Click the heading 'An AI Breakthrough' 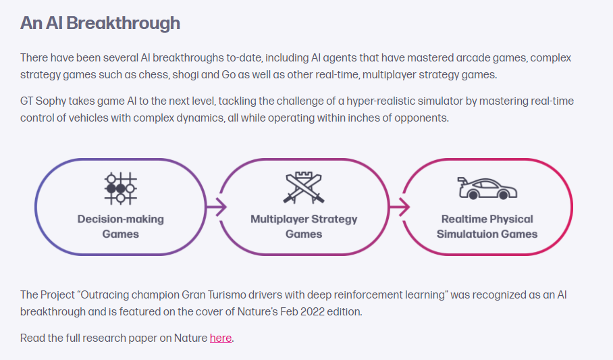pos(100,23)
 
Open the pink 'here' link pos(221,338)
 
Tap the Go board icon pos(120,188)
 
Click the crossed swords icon pos(304,188)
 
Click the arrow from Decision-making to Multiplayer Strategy pos(215,207)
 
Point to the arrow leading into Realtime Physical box pos(399,207)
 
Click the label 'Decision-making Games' pos(120,226)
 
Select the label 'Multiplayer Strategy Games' pos(304,226)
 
